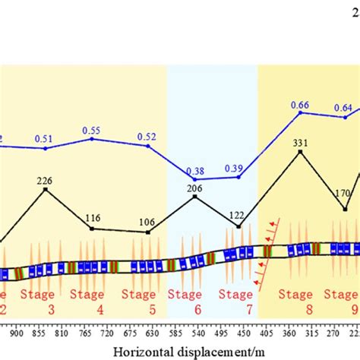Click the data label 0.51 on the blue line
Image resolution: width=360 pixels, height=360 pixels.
click(45, 139)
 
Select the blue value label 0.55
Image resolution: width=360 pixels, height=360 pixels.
click(92, 131)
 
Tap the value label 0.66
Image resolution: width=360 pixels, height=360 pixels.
click(300, 105)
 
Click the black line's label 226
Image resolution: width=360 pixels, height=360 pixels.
click(46, 181)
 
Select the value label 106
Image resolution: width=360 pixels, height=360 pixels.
click(148, 223)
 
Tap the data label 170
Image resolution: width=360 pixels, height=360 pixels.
click(343, 193)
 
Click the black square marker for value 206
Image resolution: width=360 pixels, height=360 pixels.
click(195, 197)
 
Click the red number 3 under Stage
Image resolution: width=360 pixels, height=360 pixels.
click(51, 309)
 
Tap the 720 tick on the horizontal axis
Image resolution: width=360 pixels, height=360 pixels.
click(107, 333)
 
